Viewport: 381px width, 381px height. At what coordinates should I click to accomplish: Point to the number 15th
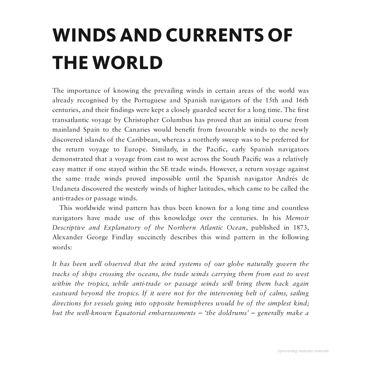pos(272,100)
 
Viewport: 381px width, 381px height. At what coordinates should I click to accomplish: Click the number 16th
pos(302,100)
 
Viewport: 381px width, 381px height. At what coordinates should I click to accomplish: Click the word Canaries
pos(137,130)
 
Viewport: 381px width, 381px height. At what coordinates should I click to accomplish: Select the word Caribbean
pos(142,140)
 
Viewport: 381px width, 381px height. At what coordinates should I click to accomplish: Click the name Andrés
pos(287,179)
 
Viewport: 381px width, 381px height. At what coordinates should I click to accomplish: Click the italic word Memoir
pos(297,218)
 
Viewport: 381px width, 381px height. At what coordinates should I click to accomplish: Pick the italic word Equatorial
pos(130,313)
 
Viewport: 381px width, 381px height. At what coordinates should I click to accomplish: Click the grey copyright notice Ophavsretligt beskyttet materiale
pos(303,351)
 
